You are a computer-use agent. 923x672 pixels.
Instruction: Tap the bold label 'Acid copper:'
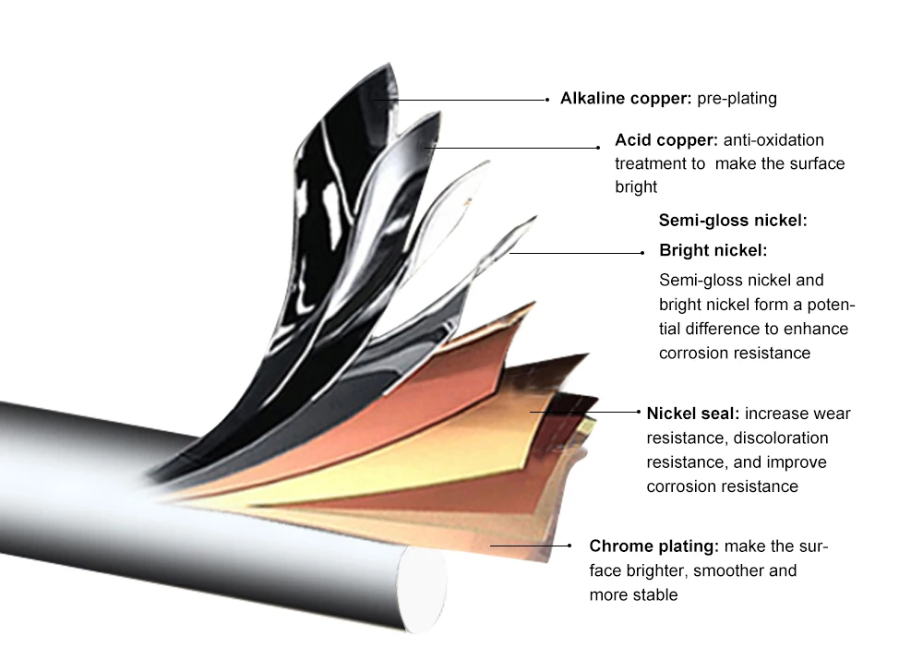[665, 140]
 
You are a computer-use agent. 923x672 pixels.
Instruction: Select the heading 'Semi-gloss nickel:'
[733, 221]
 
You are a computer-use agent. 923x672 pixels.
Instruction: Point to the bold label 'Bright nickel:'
[713, 250]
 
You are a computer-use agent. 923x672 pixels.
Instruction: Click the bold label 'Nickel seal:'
[692, 414]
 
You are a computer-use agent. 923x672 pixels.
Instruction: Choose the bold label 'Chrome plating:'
[653, 546]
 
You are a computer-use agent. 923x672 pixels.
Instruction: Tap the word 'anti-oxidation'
[773, 140]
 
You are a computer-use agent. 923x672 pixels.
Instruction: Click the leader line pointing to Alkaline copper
[471, 99]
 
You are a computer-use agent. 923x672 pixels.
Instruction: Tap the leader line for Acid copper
[517, 147]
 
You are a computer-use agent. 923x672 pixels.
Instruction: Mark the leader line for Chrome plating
[535, 546]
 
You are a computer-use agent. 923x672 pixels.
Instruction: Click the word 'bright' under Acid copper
[636, 186]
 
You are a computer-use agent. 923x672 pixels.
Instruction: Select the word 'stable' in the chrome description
[654, 594]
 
